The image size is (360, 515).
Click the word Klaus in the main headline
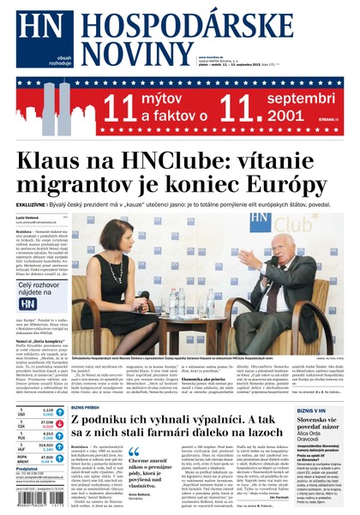pos(54,162)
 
